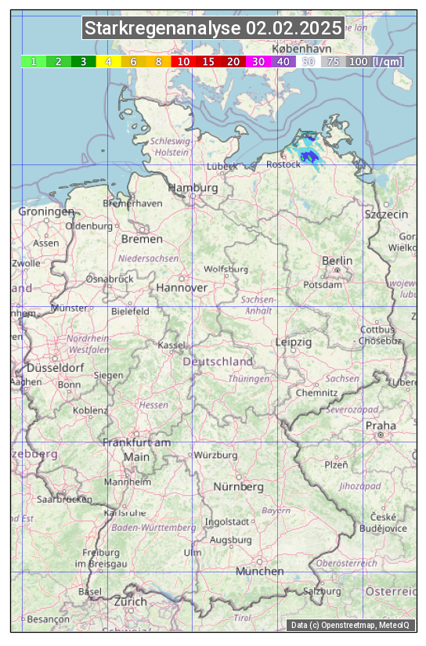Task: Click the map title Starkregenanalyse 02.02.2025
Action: [x=213, y=29]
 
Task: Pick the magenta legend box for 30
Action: [x=258, y=61]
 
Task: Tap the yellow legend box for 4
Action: [x=109, y=61]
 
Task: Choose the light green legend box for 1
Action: [x=34, y=61]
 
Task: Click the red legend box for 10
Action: [x=183, y=61]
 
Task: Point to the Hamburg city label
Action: [x=193, y=189]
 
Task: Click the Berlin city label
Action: [x=337, y=261]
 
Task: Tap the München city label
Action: [x=260, y=572]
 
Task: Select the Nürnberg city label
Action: [x=239, y=487]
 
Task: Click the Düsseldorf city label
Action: [x=55, y=368]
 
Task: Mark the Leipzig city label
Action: [x=294, y=343]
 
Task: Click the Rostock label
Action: [x=283, y=164]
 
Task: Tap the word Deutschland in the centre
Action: [x=218, y=362]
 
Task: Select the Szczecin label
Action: [x=386, y=215]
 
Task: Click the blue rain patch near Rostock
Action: [x=312, y=157]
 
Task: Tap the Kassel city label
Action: [x=171, y=345]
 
